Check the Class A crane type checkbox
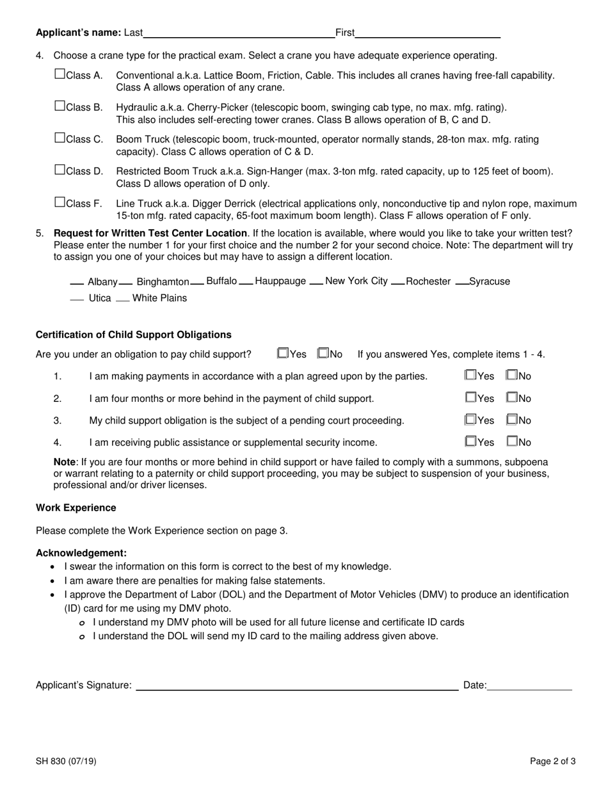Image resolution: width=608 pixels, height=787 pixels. pyautogui.click(x=60, y=74)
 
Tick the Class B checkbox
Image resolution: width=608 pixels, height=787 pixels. pyautogui.click(x=60, y=106)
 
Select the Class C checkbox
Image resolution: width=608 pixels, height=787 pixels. pyautogui.click(x=60, y=138)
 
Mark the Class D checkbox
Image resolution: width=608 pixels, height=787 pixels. pyautogui.click(x=60, y=170)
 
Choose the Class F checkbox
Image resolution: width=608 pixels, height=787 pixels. pyautogui.click(x=60, y=203)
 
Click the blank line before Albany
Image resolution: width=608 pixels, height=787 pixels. pyautogui.click(x=77, y=282)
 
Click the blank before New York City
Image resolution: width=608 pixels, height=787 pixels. pyautogui.click(x=316, y=282)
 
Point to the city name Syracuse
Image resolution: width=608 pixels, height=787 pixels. pyautogui.click(x=490, y=282)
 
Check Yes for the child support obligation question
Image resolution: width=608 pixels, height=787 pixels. pyautogui.click(x=283, y=353)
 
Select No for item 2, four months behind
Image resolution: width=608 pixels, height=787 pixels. pyautogui.click(x=512, y=397)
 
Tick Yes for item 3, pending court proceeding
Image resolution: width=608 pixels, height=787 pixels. pyautogui.click(x=471, y=420)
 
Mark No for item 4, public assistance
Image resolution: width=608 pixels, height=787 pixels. pyautogui.click(x=512, y=441)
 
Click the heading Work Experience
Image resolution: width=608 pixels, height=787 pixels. pyautogui.click(x=76, y=508)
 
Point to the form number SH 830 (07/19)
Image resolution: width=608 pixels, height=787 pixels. pyautogui.click(x=67, y=761)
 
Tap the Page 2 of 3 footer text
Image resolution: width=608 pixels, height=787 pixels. pyautogui.click(x=552, y=761)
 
